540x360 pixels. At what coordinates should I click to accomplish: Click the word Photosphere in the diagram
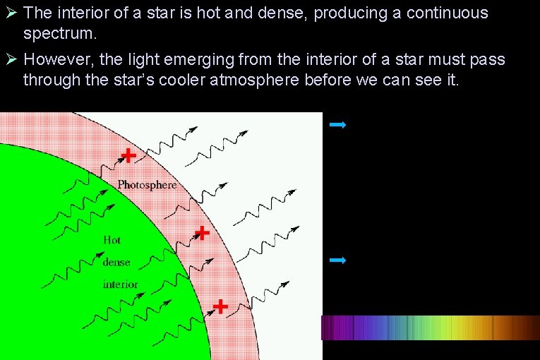click(147, 185)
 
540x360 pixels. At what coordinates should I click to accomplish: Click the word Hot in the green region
click(112, 240)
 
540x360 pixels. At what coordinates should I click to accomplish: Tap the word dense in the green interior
click(116, 262)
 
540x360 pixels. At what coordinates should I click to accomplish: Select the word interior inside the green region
click(120, 284)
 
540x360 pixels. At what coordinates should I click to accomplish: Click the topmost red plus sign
click(128, 155)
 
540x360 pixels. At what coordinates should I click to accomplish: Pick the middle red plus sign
click(203, 232)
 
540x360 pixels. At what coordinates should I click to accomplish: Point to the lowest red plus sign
click(220, 306)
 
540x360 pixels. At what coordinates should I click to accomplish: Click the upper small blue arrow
click(337, 125)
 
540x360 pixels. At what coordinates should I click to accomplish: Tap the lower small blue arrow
click(337, 260)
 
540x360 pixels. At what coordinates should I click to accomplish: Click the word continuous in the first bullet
click(447, 13)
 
